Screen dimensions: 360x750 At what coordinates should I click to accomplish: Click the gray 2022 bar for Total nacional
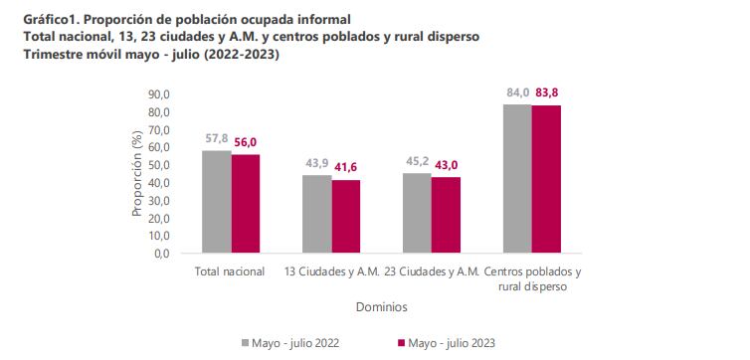pyautogui.click(x=217, y=203)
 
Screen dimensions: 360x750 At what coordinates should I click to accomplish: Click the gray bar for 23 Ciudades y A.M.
pyautogui.click(x=417, y=214)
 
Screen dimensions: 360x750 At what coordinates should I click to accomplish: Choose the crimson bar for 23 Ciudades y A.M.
pyautogui.click(x=446, y=216)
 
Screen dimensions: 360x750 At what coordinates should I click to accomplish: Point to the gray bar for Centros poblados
pyautogui.click(x=516, y=179)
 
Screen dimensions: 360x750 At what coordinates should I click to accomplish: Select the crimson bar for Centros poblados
pyautogui.click(x=546, y=180)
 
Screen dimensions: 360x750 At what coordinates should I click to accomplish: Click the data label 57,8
pyautogui.click(x=217, y=140)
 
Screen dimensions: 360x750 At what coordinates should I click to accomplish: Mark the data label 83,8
pyautogui.click(x=547, y=93)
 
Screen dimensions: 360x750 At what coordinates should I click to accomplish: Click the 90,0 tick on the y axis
pyautogui.click(x=158, y=94)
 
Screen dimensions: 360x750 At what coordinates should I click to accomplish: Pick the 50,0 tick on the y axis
pyautogui.click(x=158, y=165)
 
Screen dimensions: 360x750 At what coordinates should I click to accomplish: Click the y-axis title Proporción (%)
pyautogui.click(x=137, y=174)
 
